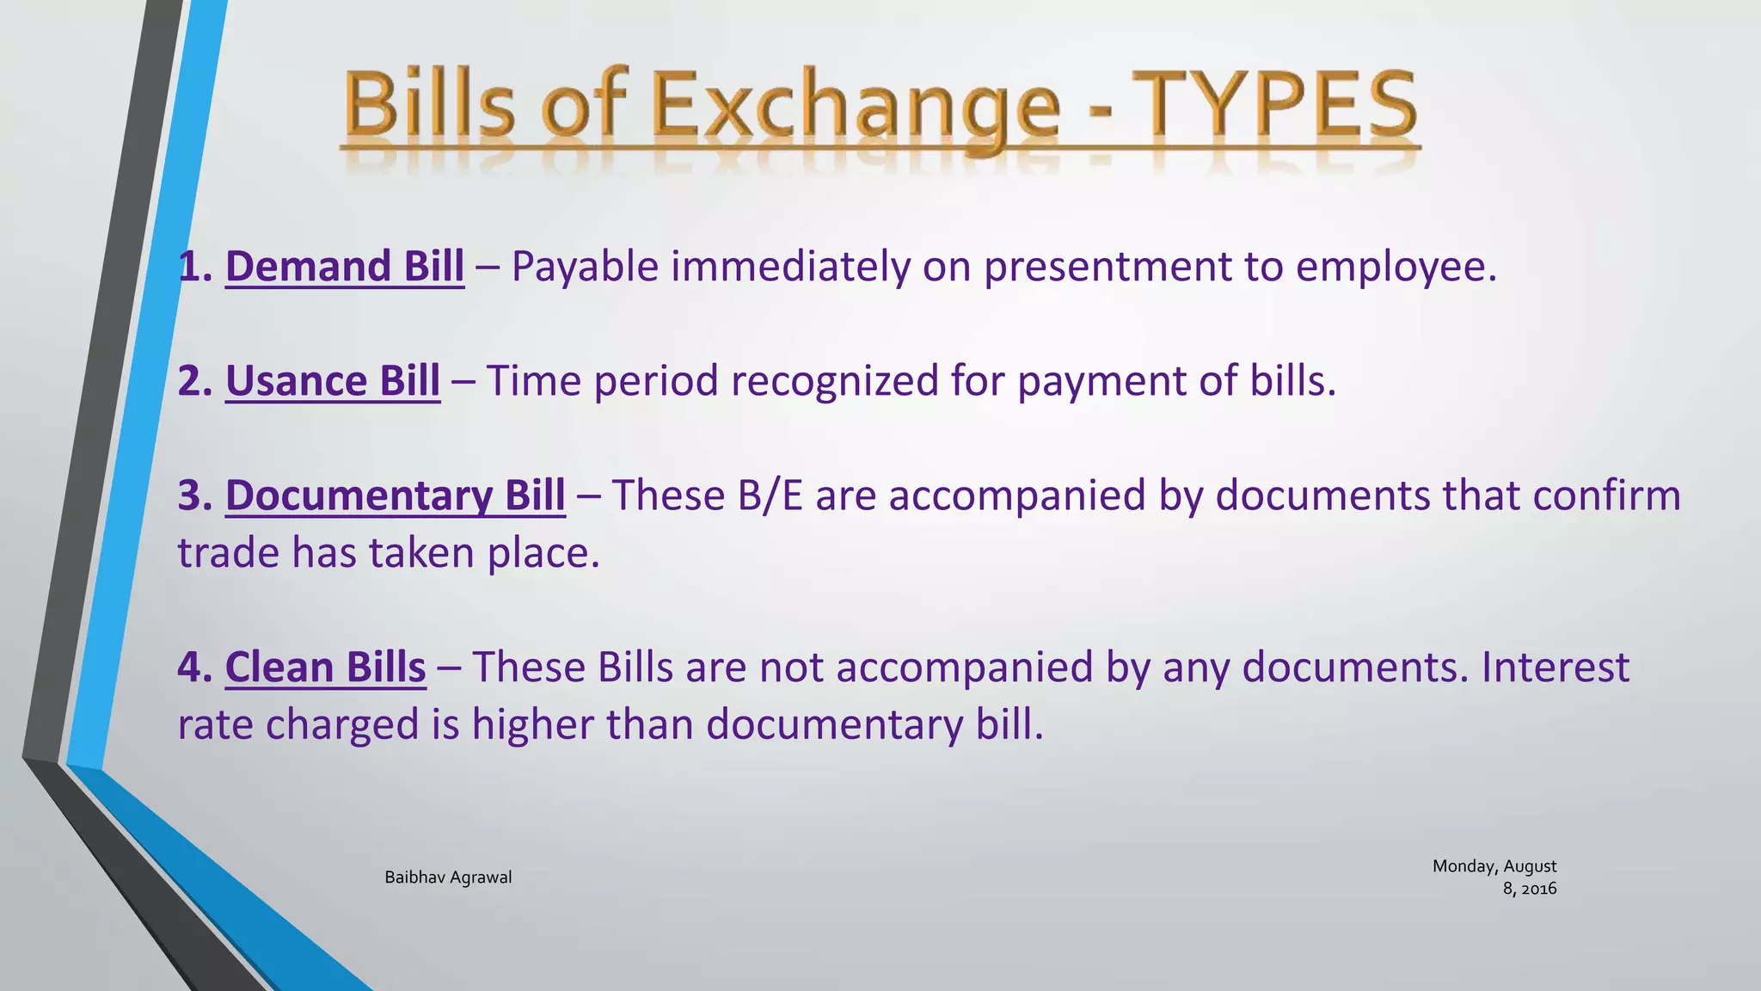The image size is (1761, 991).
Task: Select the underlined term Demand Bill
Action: click(x=344, y=267)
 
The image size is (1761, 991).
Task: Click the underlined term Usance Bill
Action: click(x=333, y=381)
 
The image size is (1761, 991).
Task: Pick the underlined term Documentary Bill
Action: click(x=395, y=495)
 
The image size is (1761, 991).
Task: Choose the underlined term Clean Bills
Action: click(x=325, y=667)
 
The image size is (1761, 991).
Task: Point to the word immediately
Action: click(x=789, y=267)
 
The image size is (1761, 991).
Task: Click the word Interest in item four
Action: click(x=1555, y=667)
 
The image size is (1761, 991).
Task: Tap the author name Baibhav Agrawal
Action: click(x=448, y=877)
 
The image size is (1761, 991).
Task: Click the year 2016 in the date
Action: click(x=1539, y=889)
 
